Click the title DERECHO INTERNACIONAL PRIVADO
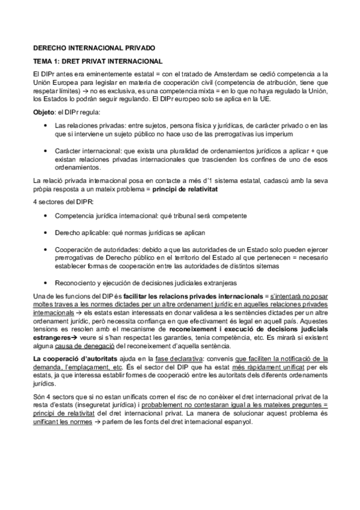click(93, 47)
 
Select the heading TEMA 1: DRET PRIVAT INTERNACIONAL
click(98, 61)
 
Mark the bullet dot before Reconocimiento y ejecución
click(47, 283)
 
